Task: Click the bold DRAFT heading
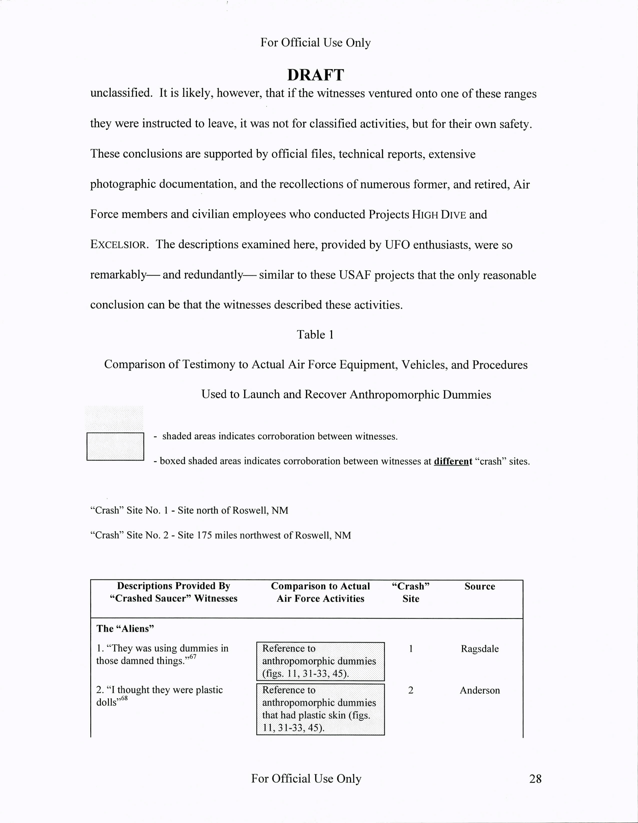coord(315,75)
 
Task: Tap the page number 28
coord(535,779)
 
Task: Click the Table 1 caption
coord(315,335)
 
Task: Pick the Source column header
coord(480,586)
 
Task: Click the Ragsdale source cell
coord(480,649)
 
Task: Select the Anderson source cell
coord(480,690)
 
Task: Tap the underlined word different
coord(453,461)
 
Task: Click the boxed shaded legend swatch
coord(115,446)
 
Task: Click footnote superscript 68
coord(124,698)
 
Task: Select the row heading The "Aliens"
coord(125,629)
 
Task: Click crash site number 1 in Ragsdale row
coord(411,649)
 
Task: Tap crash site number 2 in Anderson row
coord(411,690)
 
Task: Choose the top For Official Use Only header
coord(315,42)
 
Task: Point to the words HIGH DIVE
coord(439,215)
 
